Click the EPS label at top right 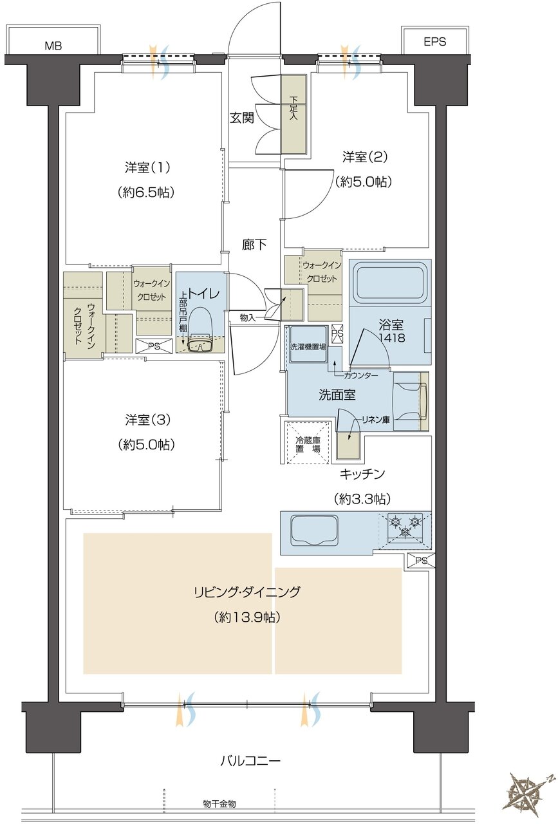pos(434,42)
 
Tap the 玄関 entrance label pos(242,118)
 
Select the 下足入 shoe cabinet pos(293,115)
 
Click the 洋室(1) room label pos(147,167)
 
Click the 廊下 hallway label pos(254,244)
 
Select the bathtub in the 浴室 pos(390,284)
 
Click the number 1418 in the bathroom pos(391,337)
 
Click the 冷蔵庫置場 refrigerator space pos(307,441)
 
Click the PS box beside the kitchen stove pos(421,561)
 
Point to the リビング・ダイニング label pos(247,592)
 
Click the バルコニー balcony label pos(250,761)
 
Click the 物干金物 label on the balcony pos(219,804)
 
